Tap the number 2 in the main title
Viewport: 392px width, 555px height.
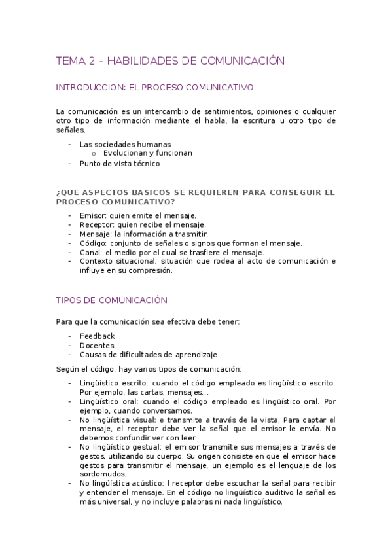tap(91, 61)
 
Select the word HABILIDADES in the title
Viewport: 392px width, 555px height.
tap(138, 61)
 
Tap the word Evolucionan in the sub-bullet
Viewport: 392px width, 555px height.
tap(126, 153)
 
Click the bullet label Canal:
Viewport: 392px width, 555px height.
tap(91, 252)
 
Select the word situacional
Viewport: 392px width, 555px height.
tap(134, 261)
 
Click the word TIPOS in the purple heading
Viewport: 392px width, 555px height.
tap(69, 300)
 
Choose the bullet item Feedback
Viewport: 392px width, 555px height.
tap(97, 336)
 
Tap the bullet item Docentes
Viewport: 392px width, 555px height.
tap(96, 345)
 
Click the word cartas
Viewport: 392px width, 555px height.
tap(148, 391)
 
